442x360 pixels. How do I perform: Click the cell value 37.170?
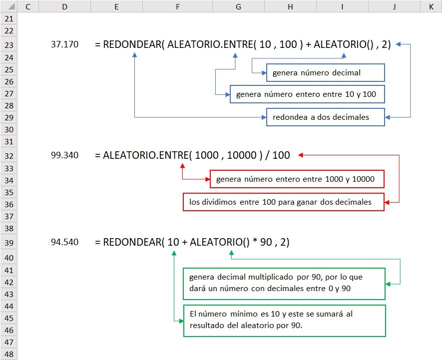point(64,44)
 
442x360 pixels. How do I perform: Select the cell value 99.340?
point(64,155)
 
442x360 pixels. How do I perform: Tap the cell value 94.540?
point(64,243)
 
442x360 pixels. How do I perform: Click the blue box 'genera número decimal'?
point(325,73)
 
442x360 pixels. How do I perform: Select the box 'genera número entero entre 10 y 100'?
point(307,94)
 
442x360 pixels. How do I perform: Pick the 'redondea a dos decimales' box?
point(325,117)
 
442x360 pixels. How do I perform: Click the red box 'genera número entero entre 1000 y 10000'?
point(297,179)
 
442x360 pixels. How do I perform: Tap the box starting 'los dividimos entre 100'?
point(284,202)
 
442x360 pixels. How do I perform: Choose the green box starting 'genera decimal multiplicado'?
point(284,284)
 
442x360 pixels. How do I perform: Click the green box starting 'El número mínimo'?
point(284,320)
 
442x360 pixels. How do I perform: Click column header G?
point(238,6)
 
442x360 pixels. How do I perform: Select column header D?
point(65,6)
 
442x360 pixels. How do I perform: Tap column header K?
point(431,6)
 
